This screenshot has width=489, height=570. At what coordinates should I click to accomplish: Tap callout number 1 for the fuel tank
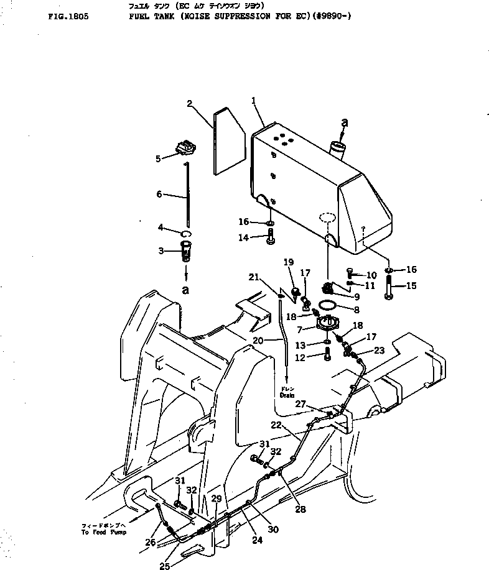254,100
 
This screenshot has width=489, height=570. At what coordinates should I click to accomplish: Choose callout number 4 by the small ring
160,228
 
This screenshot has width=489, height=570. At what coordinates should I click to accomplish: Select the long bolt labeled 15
389,288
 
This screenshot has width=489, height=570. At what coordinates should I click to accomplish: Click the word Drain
287,395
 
